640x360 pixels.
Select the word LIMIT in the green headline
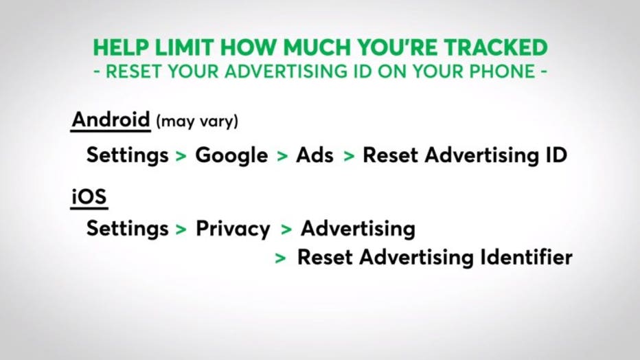pyautogui.click(x=184, y=47)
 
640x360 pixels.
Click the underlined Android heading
pyautogui.click(x=111, y=120)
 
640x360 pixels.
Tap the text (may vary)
pyautogui.click(x=197, y=122)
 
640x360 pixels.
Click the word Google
pyautogui.click(x=231, y=155)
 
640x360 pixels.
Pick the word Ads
pyautogui.click(x=315, y=155)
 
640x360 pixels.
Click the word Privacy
pyautogui.click(x=233, y=229)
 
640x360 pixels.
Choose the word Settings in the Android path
pyautogui.click(x=127, y=155)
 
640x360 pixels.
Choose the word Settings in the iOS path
pyautogui.click(x=127, y=229)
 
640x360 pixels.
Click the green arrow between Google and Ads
pyautogui.click(x=282, y=157)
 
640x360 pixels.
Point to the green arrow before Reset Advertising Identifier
pyautogui.click(x=280, y=258)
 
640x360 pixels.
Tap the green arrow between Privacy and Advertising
pyautogui.click(x=286, y=229)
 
